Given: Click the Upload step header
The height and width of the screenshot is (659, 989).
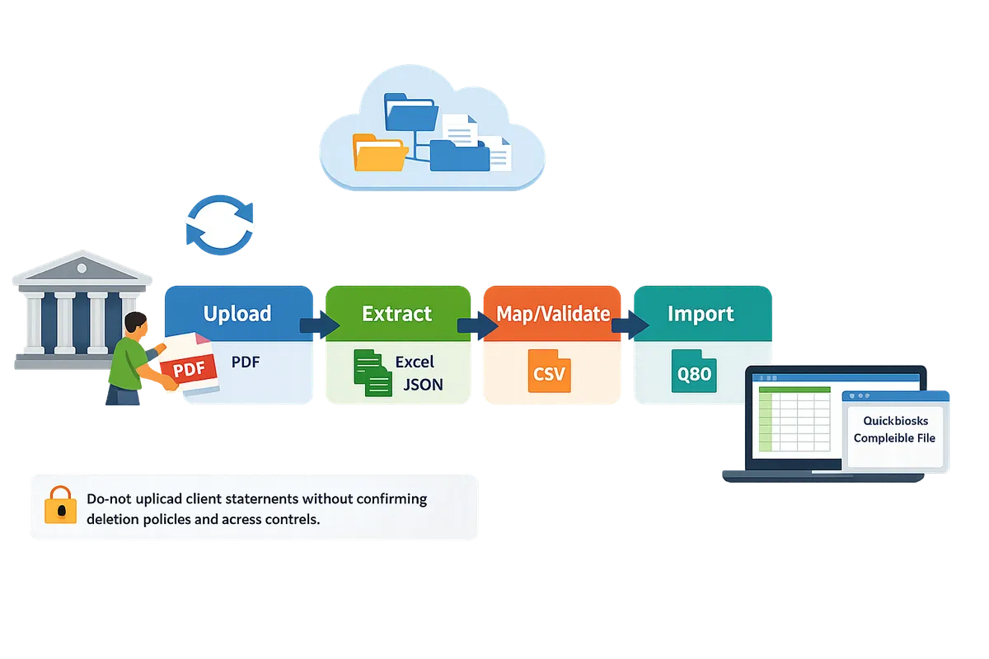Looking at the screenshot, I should [237, 314].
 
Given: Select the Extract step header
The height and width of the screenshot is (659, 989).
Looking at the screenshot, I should [396, 314].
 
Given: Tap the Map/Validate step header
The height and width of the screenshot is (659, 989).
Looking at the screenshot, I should [553, 314].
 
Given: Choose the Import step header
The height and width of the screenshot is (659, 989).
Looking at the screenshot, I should [701, 314].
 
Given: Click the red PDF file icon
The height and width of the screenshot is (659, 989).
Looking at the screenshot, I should [188, 368].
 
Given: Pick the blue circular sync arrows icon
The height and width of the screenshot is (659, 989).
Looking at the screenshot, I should [218, 226].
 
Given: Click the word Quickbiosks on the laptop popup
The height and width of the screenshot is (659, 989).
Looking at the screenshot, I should [894, 420].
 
